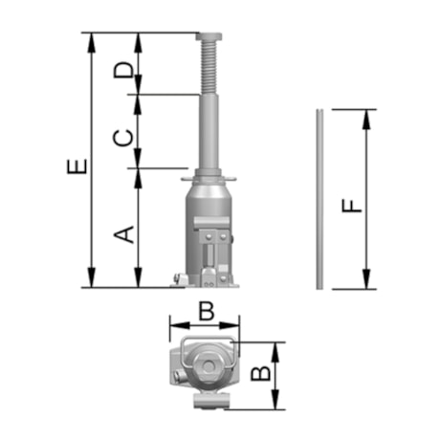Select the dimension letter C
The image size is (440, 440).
[122, 137]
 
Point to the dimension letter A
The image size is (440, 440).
[122, 232]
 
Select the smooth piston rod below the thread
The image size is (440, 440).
[207, 134]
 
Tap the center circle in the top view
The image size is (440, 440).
[206, 366]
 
